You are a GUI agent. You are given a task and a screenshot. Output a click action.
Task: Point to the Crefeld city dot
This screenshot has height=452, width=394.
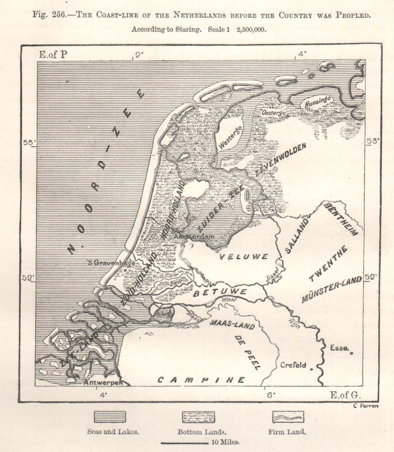[x=312, y=369]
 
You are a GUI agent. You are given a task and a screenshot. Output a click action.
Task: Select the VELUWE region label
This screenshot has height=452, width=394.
[x=244, y=257]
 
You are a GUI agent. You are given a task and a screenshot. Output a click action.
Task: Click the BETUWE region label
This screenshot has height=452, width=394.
[x=220, y=292]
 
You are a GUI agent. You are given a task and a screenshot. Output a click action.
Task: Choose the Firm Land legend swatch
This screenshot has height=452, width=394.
[x=288, y=416]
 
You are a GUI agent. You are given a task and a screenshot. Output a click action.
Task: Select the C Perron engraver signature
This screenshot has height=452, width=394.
[x=364, y=405]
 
